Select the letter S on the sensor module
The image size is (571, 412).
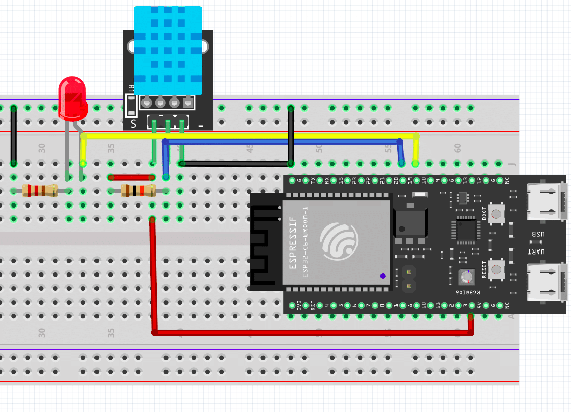coord(133,123)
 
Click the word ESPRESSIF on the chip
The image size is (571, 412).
coord(293,242)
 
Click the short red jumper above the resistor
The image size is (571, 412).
coord(131,177)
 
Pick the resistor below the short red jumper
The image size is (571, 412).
coord(137,191)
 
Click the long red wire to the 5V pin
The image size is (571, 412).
coord(306,333)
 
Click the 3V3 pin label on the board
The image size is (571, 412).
coord(292,306)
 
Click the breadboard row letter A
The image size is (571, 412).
coord(512,316)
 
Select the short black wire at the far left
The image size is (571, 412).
coord(14,135)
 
